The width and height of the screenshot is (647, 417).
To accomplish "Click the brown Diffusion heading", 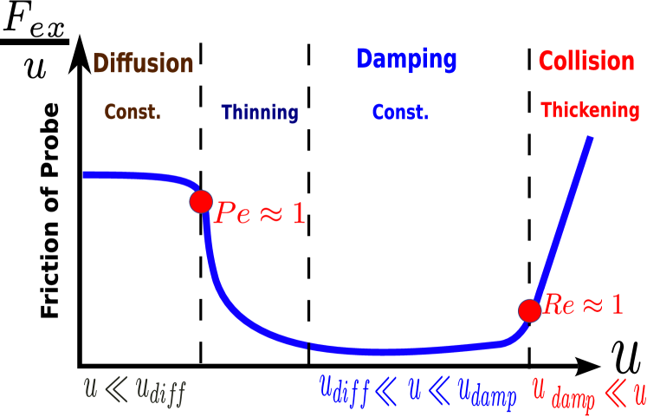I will (x=143, y=64).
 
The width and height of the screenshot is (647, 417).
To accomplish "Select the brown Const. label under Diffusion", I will (x=132, y=113).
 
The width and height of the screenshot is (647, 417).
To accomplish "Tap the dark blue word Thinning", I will (x=259, y=113).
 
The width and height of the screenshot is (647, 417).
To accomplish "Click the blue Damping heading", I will (x=406, y=60).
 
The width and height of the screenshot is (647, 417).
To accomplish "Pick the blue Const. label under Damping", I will (x=399, y=113).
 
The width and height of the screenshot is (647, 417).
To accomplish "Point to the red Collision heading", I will (x=586, y=62).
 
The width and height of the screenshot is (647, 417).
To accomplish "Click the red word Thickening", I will (x=590, y=111).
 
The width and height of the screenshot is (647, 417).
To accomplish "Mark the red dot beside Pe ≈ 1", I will (x=201, y=201).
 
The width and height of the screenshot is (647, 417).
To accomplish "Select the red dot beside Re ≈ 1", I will (x=530, y=310).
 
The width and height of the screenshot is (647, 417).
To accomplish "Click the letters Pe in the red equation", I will (x=232, y=213).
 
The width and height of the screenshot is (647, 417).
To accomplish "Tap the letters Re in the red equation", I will (x=559, y=304).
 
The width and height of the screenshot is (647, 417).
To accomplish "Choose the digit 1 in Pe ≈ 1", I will (x=298, y=213).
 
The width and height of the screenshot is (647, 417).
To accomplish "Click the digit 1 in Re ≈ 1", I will (x=617, y=304).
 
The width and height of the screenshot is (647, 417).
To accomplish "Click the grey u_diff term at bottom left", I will (x=160, y=392).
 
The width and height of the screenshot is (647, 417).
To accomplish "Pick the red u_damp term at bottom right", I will (x=563, y=395).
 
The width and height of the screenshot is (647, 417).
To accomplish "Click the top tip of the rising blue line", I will (x=591, y=137).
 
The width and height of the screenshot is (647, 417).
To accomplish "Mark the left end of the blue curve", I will (x=84, y=174).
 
